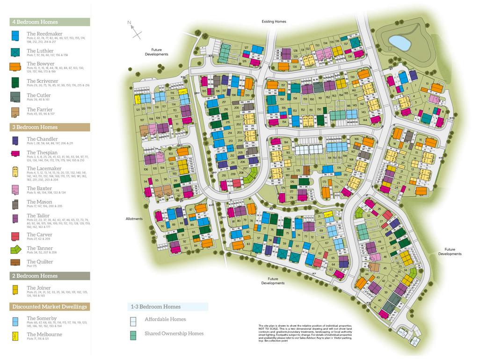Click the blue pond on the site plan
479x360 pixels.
(x=399, y=43)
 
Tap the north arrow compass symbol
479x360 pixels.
(x=135, y=29)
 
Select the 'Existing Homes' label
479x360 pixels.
(x=274, y=22)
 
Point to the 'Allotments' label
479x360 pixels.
(x=134, y=219)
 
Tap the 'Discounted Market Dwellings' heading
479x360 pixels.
(x=50, y=307)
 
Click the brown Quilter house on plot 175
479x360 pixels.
(x=306, y=172)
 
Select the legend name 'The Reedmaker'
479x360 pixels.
(x=44, y=34)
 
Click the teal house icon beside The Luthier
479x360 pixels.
(x=15, y=51)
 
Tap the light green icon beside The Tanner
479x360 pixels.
(x=15, y=250)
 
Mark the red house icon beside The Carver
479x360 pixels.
(x=15, y=236)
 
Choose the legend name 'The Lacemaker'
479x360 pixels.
(x=44, y=168)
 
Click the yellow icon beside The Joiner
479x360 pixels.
(x=15, y=289)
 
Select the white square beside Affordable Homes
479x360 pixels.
(x=133, y=320)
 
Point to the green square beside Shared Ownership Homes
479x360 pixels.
(x=133, y=334)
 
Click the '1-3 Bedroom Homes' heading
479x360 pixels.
(x=154, y=307)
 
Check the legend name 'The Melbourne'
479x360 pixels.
(x=44, y=334)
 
